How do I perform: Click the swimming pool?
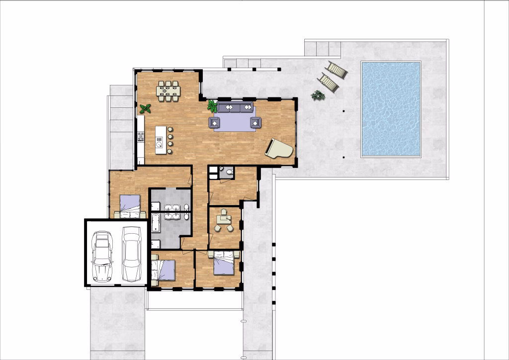tap(391, 108)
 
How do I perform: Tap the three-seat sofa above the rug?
tap(235, 107)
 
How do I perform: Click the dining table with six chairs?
tap(169, 91)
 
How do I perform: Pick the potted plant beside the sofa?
tap(212, 105)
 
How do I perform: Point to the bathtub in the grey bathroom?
tap(155, 223)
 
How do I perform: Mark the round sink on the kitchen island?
tap(159, 145)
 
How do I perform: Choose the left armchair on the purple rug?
tap(215, 122)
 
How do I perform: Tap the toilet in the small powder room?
tap(228, 173)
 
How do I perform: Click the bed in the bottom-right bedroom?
tap(223, 264)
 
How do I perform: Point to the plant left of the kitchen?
tap(145, 108)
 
